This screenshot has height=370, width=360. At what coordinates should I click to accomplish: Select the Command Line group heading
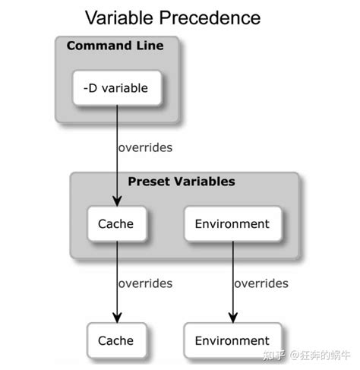click(x=115, y=46)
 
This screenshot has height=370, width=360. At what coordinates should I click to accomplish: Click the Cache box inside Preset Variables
click(x=115, y=224)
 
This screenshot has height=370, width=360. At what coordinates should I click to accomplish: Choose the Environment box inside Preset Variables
click(x=232, y=224)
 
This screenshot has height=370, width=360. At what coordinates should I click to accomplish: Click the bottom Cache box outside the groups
click(x=115, y=340)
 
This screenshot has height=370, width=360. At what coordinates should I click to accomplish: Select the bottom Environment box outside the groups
click(x=232, y=340)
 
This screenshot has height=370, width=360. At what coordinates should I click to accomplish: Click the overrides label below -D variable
click(x=144, y=147)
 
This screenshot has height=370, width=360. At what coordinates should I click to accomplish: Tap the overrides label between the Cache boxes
click(x=144, y=283)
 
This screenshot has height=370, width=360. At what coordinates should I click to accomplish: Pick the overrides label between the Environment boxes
click(x=261, y=283)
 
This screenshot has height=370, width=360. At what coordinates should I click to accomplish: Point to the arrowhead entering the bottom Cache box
click(x=117, y=318)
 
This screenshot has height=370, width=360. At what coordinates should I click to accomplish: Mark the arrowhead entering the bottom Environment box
click(x=232, y=318)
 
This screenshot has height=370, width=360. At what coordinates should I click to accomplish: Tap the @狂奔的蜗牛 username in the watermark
click(x=320, y=354)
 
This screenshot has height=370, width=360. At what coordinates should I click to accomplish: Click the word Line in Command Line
click(x=149, y=46)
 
